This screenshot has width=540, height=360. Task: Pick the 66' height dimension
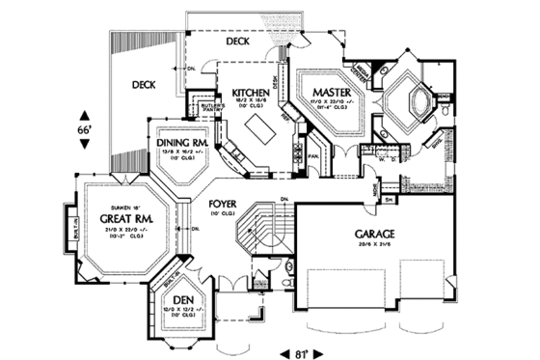point(84,127)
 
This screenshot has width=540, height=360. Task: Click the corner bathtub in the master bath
point(410,103)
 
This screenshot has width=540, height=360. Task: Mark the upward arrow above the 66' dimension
point(84,111)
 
